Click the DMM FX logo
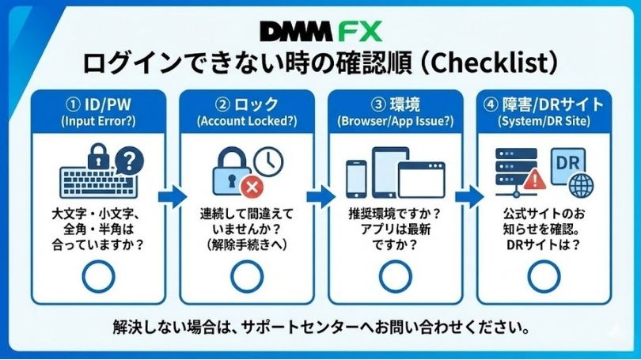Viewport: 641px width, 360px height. (320, 31)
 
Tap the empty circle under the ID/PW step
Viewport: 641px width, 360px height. (98, 276)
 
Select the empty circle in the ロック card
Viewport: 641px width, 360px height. (246, 276)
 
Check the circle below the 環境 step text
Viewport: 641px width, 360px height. (395, 276)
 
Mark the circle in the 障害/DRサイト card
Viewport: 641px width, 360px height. (543, 276)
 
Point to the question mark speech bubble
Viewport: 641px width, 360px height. (129, 161)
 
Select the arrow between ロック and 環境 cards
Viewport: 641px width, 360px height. (320, 195)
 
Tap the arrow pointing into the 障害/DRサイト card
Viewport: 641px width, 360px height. (469, 195)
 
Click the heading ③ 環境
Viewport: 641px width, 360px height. (394, 104)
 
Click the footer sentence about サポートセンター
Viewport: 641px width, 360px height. (320, 327)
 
